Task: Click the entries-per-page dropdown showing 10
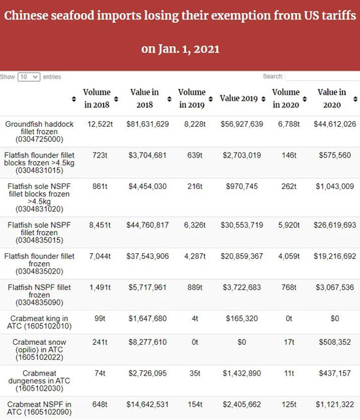(29, 77)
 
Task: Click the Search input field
(323, 77)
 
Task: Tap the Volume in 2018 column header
(97, 98)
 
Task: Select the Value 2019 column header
(239, 98)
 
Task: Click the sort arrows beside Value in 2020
(355, 99)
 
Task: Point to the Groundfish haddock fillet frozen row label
(39, 131)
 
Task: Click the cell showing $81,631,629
(148, 124)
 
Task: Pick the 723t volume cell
(99, 155)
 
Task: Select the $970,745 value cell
(242, 186)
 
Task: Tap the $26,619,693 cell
(335, 225)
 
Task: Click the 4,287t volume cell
(195, 256)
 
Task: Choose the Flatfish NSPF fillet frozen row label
(39, 294)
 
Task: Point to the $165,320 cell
(242, 318)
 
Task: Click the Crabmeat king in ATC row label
(39, 322)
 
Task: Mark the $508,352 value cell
(335, 341)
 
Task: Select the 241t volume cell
(99, 341)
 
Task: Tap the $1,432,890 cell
(242, 373)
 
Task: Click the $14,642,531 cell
(148, 404)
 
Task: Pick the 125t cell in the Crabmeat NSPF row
(289, 404)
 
